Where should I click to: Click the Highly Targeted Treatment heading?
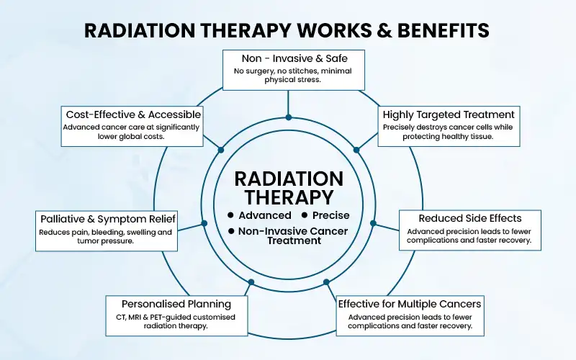pyautogui.click(x=449, y=114)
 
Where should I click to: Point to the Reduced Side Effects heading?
pyautogui.click(x=469, y=217)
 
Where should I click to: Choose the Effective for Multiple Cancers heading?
pyautogui.click(x=410, y=303)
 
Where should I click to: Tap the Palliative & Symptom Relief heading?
pyautogui.click(x=107, y=218)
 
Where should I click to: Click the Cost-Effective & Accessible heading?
pyautogui.click(x=133, y=114)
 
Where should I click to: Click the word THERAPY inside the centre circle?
pyautogui.click(x=288, y=197)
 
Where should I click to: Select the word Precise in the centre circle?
pyautogui.click(x=331, y=215)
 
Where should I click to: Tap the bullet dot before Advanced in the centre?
pyautogui.click(x=230, y=215)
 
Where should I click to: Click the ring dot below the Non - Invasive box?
pyautogui.click(x=288, y=117)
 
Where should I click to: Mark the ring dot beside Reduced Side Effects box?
pyautogui.click(x=373, y=222)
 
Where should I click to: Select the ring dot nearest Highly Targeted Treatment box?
pyautogui.click(x=356, y=150)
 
